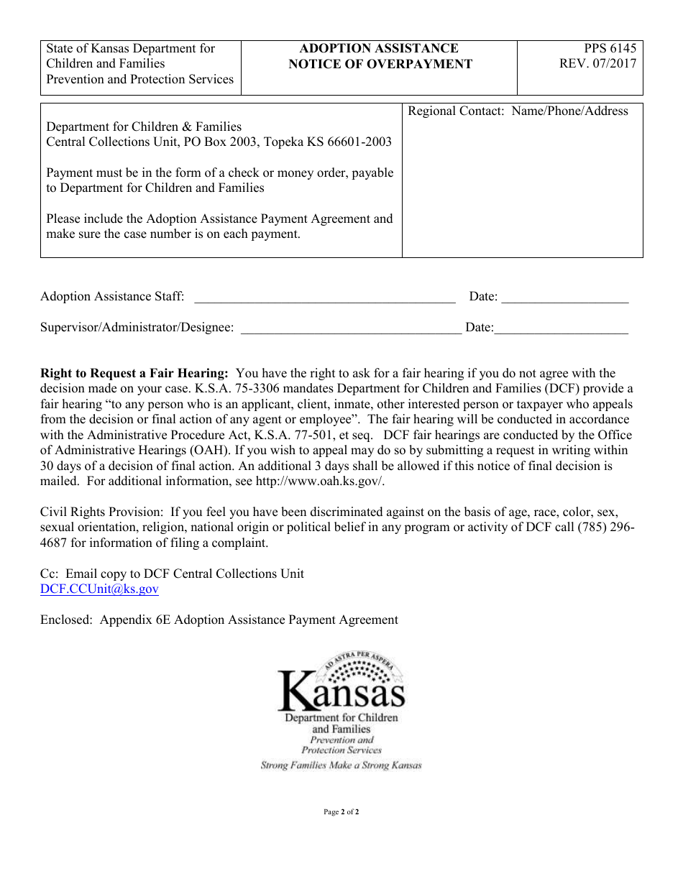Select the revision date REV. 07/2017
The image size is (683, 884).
[x=598, y=64]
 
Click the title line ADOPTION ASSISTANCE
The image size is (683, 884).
[x=379, y=48]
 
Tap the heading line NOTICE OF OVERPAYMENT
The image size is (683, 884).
[x=380, y=64]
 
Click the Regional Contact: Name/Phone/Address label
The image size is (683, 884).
[x=518, y=111]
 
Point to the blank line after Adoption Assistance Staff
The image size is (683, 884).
[x=325, y=298]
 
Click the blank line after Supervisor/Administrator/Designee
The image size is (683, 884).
[x=351, y=328]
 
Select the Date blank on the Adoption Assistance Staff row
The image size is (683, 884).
[x=564, y=298]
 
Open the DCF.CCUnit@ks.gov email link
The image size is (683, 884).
[x=99, y=589]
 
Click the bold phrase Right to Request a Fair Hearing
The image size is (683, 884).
[x=134, y=373]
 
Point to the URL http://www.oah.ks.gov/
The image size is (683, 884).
[x=320, y=481]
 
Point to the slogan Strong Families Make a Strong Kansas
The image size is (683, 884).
[x=341, y=765]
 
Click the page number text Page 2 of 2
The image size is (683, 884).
[x=341, y=812]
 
